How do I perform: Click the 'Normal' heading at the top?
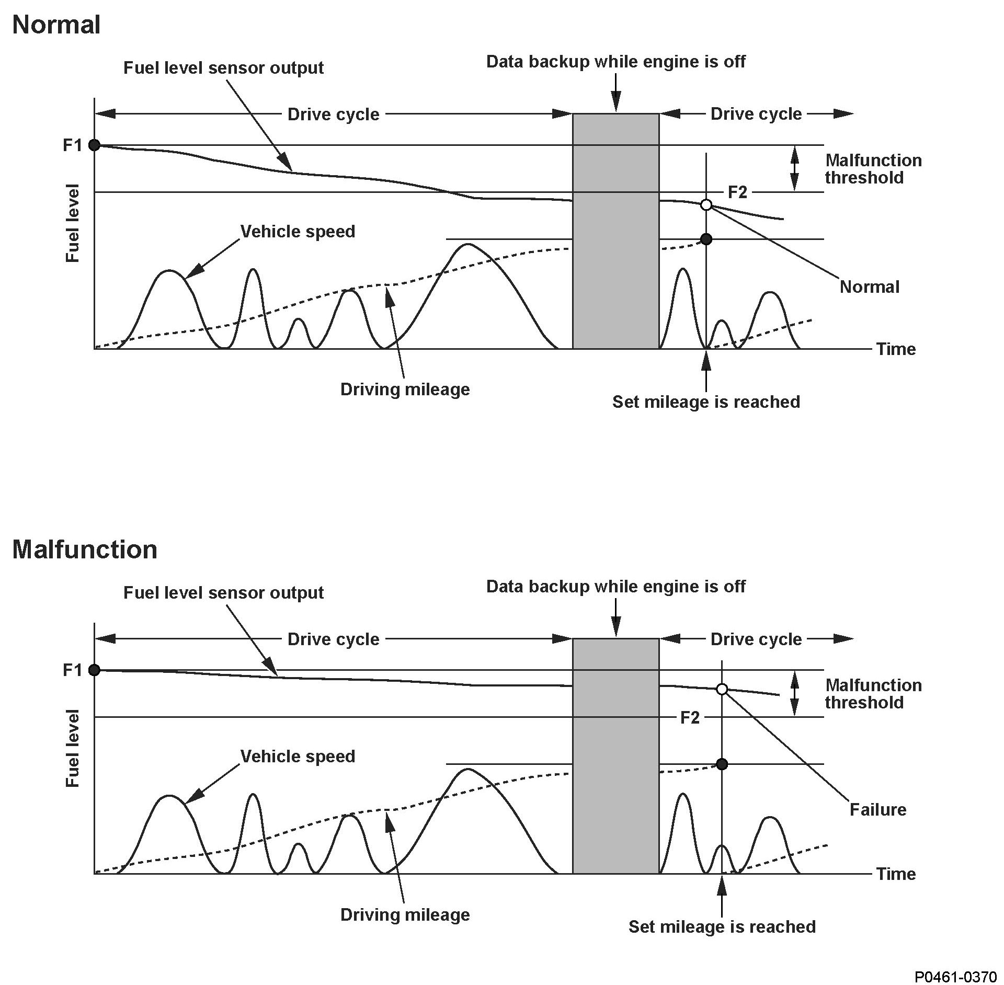click(x=56, y=25)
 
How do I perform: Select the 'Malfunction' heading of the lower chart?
click(x=84, y=549)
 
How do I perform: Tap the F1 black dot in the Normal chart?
click(x=94, y=145)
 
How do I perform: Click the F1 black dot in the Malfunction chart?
click(x=94, y=670)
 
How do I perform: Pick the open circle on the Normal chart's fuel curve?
click(x=706, y=204)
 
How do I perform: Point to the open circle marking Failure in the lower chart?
click(x=722, y=689)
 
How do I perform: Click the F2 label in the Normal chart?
click(x=737, y=192)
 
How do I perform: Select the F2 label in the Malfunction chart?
click(x=690, y=717)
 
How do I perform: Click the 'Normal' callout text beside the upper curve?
click(x=869, y=287)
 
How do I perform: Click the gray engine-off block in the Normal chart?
click(x=615, y=231)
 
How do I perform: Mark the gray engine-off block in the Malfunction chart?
click(x=615, y=755)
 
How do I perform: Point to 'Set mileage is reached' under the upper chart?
click(x=706, y=402)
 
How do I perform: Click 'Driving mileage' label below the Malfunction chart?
click(x=405, y=914)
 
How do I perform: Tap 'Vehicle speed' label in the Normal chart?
click(x=298, y=231)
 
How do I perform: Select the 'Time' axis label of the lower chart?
click(x=896, y=874)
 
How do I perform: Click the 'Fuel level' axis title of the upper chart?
click(x=72, y=223)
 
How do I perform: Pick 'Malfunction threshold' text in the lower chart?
click(x=873, y=694)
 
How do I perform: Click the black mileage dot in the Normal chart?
click(x=706, y=239)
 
